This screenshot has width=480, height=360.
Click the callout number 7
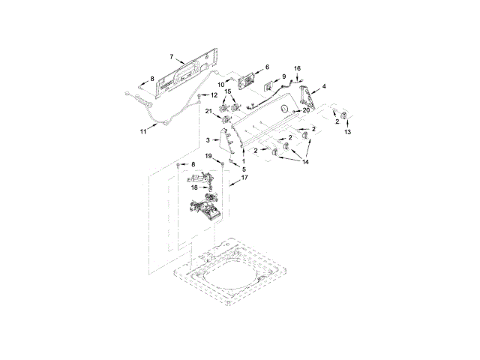(x=172, y=57)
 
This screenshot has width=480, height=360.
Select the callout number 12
(x=213, y=95)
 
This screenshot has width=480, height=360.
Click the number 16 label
(x=297, y=68)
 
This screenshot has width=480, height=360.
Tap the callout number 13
(x=346, y=132)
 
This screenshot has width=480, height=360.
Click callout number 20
(x=305, y=111)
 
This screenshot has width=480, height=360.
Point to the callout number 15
(x=229, y=92)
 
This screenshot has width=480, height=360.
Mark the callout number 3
(x=208, y=140)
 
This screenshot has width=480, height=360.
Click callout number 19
(x=209, y=155)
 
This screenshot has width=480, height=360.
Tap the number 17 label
(x=243, y=178)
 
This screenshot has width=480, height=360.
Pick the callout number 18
(x=193, y=187)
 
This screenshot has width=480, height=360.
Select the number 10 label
(x=232, y=83)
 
